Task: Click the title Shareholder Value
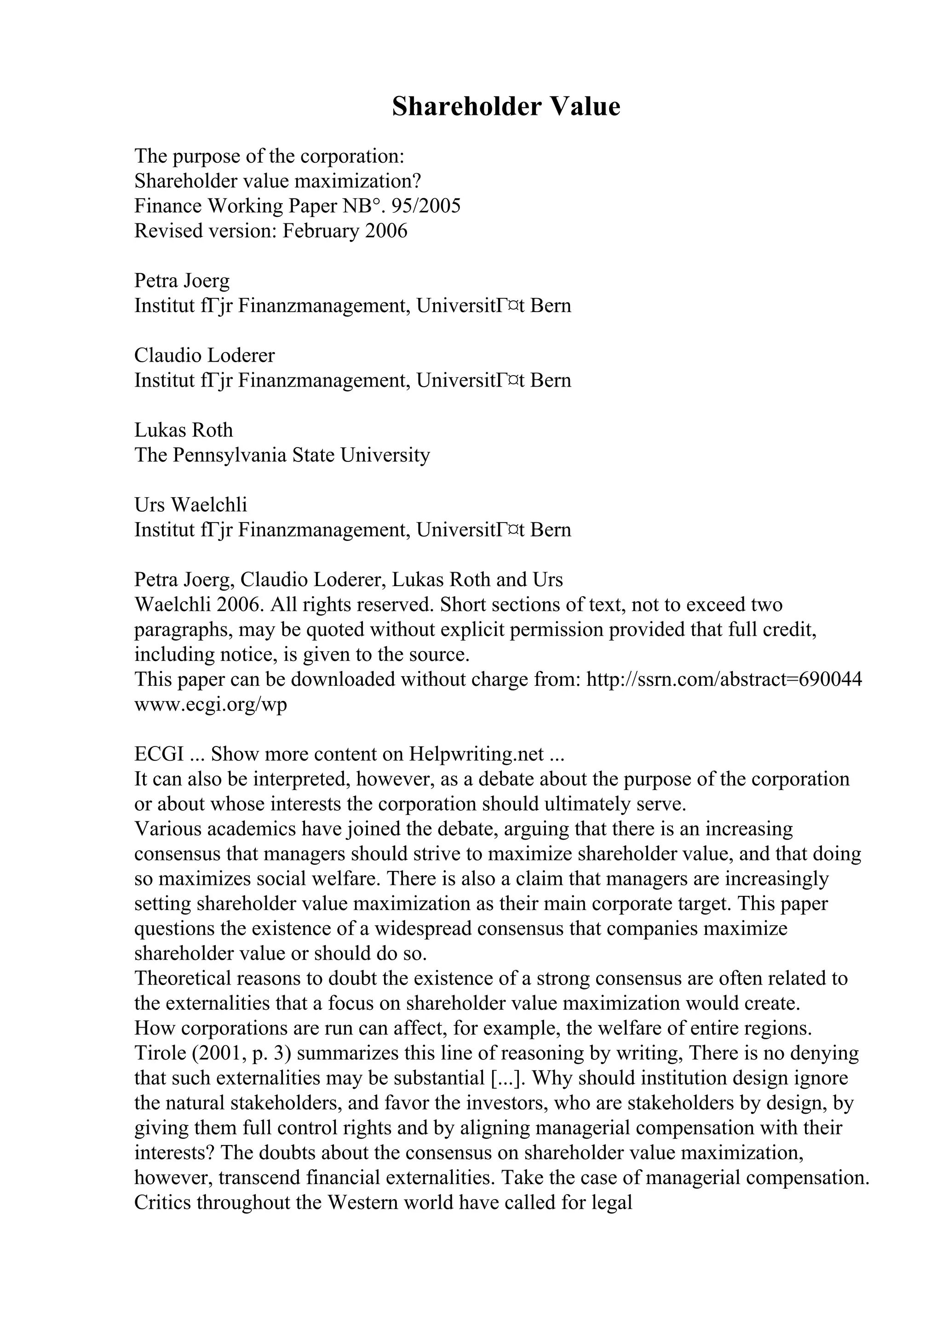coord(505,107)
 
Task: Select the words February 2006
coord(345,231)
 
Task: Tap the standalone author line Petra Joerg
coord(182,281)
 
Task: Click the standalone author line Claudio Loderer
coord(204,355)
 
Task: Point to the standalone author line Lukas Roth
coord(184,430)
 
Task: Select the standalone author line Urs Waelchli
coord(190,505)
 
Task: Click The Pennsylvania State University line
coord(282,455)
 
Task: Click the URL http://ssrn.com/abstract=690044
coord(724,679)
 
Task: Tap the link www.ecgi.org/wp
coord(211,704)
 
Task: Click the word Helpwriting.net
coord(477,754)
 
